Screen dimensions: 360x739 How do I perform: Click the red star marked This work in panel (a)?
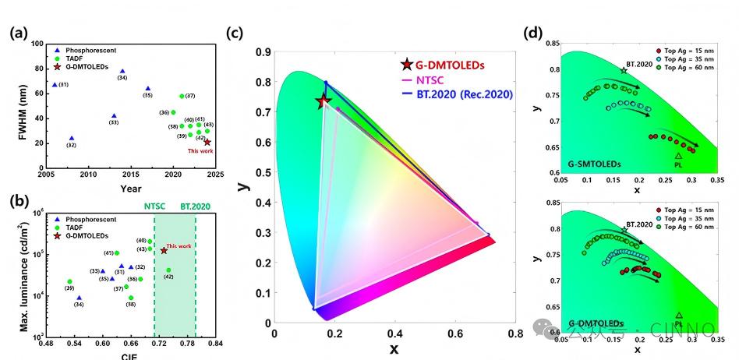207,142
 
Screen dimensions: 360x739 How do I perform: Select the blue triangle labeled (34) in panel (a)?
122,71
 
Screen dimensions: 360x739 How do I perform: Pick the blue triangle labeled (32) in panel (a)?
72,138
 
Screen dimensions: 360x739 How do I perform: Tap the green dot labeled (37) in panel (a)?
182,96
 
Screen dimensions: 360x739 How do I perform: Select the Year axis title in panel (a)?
131,188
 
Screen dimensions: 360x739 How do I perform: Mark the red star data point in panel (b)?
164,250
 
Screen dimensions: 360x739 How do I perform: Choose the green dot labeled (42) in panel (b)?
168,270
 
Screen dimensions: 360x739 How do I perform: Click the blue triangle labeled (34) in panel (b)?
79,297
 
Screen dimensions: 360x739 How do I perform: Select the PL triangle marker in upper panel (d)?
678,156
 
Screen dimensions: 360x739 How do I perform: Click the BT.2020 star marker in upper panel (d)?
623,70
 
